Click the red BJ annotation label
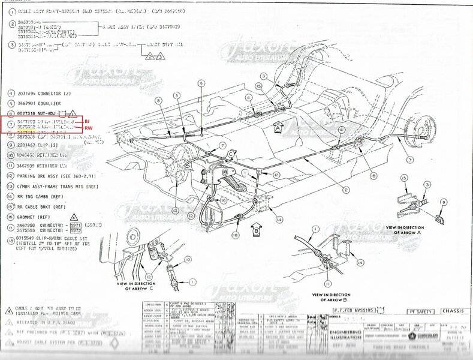(86, 121)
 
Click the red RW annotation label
(87, 128)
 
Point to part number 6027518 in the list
(29, 113)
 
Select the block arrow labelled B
(255, 228)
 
